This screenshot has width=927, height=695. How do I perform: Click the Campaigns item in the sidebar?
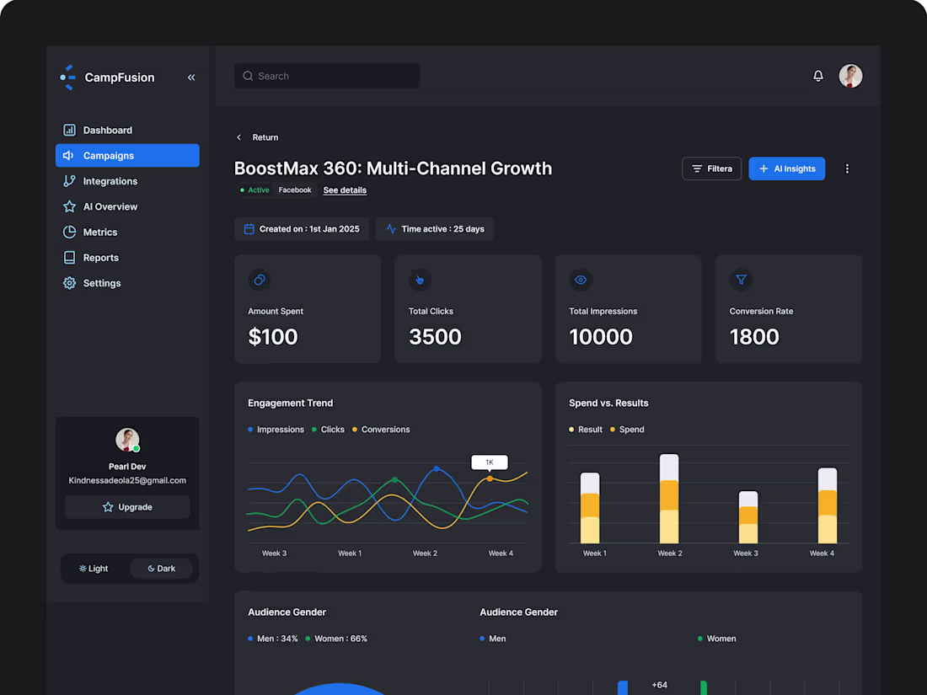tap(126, 156)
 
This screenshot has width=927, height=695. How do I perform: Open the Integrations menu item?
tap(110, 181)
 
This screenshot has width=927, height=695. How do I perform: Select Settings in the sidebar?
tap(101, 283)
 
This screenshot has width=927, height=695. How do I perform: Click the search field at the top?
tap(327, 76)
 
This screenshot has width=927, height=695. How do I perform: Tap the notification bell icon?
tap(818, 76)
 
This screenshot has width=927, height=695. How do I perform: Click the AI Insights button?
tap(787, 168)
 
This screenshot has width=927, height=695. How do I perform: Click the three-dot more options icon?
tap(847, 168)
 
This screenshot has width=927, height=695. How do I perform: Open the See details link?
tap(345, 190)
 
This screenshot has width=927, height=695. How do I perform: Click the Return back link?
tap(258, 137)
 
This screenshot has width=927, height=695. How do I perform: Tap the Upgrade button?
tap(127, 507)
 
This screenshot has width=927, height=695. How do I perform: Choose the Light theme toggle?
tap(94, 569)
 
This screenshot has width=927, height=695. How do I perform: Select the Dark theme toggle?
tap(161, 569)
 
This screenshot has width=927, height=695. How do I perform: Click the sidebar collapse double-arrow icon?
tap(191, 78)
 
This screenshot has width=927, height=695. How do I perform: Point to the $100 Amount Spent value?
tap(273, 337)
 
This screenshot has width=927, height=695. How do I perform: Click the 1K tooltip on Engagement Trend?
tap(490, 462)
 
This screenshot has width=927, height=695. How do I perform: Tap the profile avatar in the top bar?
tap(850, 76)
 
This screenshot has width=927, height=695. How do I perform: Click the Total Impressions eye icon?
tap(581, 280)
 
